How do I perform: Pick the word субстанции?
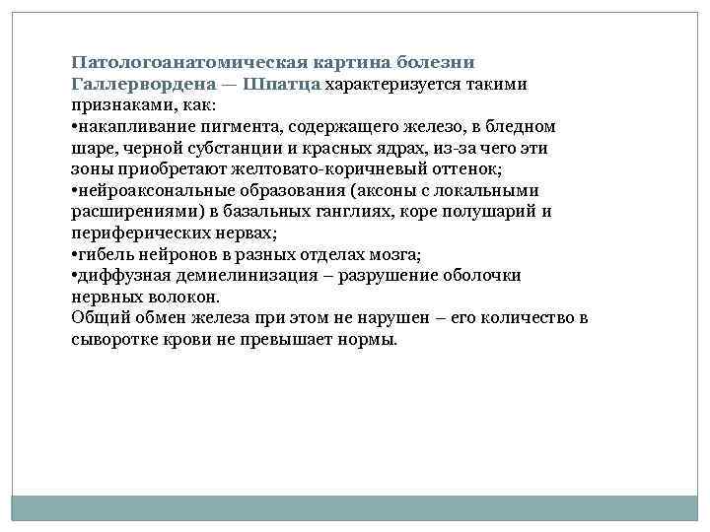[211, 148]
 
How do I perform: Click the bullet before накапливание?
[74, 127]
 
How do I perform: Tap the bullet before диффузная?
[74, 275]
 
